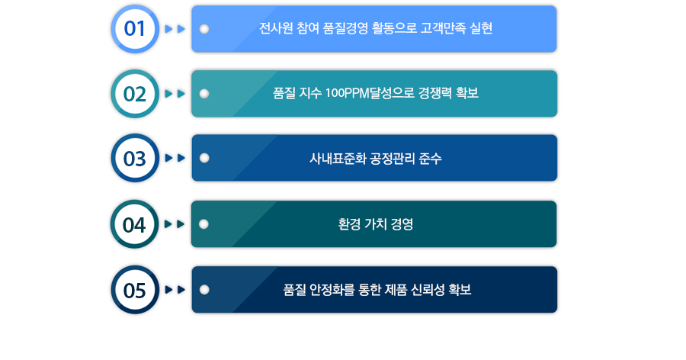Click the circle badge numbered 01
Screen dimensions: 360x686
pos(135,29)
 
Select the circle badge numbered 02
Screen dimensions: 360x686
pos(135,94)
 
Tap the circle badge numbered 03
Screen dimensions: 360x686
pos(135,159)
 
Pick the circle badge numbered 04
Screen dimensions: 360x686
pos(135,224)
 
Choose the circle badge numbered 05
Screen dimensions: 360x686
pos(135,290)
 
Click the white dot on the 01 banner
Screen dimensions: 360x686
pos(204,29)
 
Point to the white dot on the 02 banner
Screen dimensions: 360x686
pos(204,94)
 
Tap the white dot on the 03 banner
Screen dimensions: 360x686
pos(204,159)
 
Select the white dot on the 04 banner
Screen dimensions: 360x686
pos(204,224)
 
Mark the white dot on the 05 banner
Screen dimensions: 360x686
pos(204,290)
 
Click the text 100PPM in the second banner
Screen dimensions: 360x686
pos(346,94)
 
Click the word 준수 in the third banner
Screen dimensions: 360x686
pos(431,159)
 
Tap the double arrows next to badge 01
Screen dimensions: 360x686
pos(175,29)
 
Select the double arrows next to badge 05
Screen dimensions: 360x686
pos(175,290)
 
